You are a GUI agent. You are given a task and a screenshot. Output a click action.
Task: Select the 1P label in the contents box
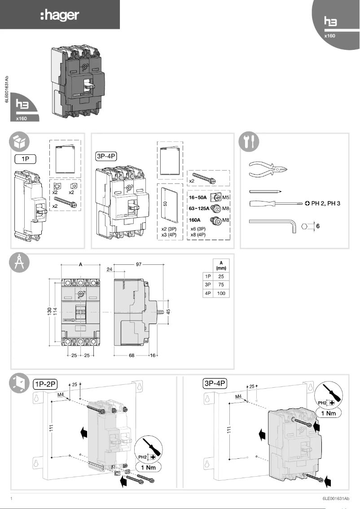[25, 158]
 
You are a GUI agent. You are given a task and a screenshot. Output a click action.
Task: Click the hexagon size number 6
[318, 227]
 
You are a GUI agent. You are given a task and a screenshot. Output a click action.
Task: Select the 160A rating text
[194, 221]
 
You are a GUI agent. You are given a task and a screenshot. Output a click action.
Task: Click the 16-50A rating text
[197, 197]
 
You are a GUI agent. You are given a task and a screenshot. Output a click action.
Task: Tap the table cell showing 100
[220, 294]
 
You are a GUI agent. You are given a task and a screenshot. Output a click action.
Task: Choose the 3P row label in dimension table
[207, 285]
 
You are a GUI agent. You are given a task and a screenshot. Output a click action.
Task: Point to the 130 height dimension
[50, 312]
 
